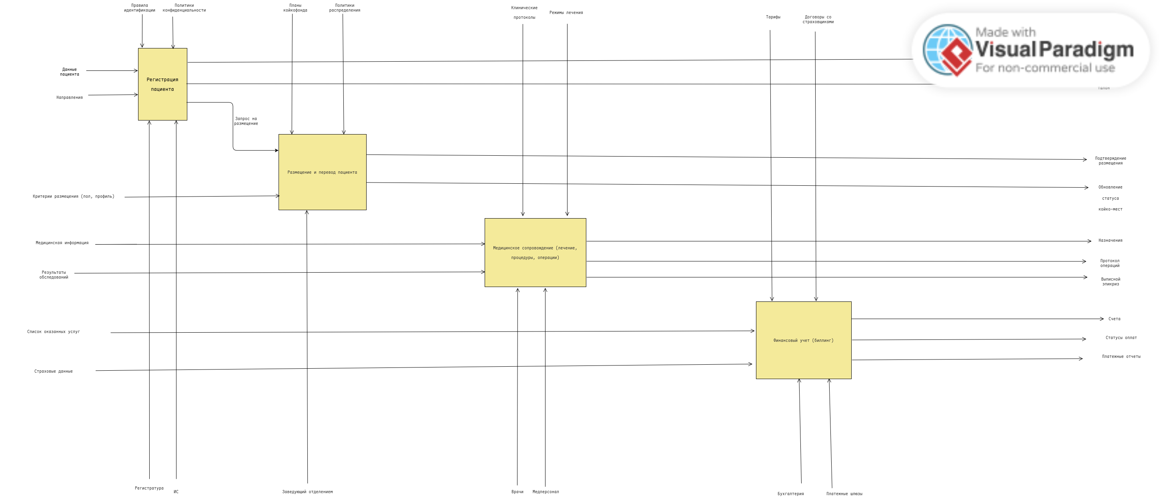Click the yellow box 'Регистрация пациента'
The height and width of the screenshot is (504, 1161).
tap(162, 84)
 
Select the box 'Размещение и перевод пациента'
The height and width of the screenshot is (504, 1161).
tap(322, 172)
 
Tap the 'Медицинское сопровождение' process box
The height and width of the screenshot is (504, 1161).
tap(535, 253)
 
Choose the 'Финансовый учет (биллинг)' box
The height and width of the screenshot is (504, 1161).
tap(803, 340)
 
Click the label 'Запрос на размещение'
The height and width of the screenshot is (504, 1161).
tap(246, 121)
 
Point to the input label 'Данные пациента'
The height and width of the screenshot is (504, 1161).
tap(69, 72)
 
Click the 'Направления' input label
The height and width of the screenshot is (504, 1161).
tap(69, 97)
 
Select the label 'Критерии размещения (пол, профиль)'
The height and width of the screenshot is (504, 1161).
tap(74, 197)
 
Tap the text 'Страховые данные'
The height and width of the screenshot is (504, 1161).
tap(53, 371)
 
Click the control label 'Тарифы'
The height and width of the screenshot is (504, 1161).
tap(773, 17)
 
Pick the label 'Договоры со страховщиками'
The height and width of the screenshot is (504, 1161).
tap(818, 19)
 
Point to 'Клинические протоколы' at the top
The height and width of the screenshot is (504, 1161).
tap(524, 13)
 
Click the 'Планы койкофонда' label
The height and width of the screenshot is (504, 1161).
tap(295, 8)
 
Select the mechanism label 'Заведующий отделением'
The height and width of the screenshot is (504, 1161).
tap(307, 492)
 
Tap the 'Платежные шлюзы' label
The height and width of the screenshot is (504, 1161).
tap(844, 494)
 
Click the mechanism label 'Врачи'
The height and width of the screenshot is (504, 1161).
tap(517, 492)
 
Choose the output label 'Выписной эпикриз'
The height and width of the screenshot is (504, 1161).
tap(1111, 282)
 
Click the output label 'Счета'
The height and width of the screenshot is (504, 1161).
tap(1114, 319)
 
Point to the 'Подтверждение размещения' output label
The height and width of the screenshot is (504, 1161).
tap(1110, 161)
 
